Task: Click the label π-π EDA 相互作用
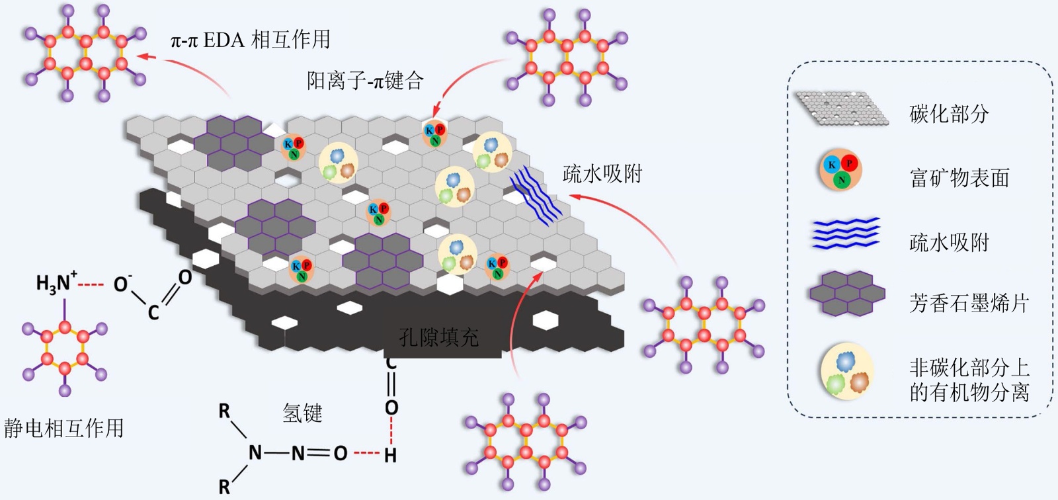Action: (x=250, y=40)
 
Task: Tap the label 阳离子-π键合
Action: (x=365, y=81)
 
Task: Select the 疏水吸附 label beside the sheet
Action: (x=602, y=174)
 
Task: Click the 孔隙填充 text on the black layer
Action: (x=439, y=337)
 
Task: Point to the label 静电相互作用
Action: (x=64, y=428)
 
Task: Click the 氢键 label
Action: (x=302, y=413)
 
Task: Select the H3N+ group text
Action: (x=56, y=283)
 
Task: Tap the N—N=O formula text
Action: (x=298, y=453)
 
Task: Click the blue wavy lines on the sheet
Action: (x=535, y=195)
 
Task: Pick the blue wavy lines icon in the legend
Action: (x=846, y=233)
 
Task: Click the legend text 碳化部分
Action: (x=949, y=114)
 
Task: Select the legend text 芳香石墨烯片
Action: (x=969, y=303)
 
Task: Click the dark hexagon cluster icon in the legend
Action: (x=847, y=293)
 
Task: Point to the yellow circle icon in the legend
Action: (x=847, y=371)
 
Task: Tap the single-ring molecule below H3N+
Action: (x=65, y=351)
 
